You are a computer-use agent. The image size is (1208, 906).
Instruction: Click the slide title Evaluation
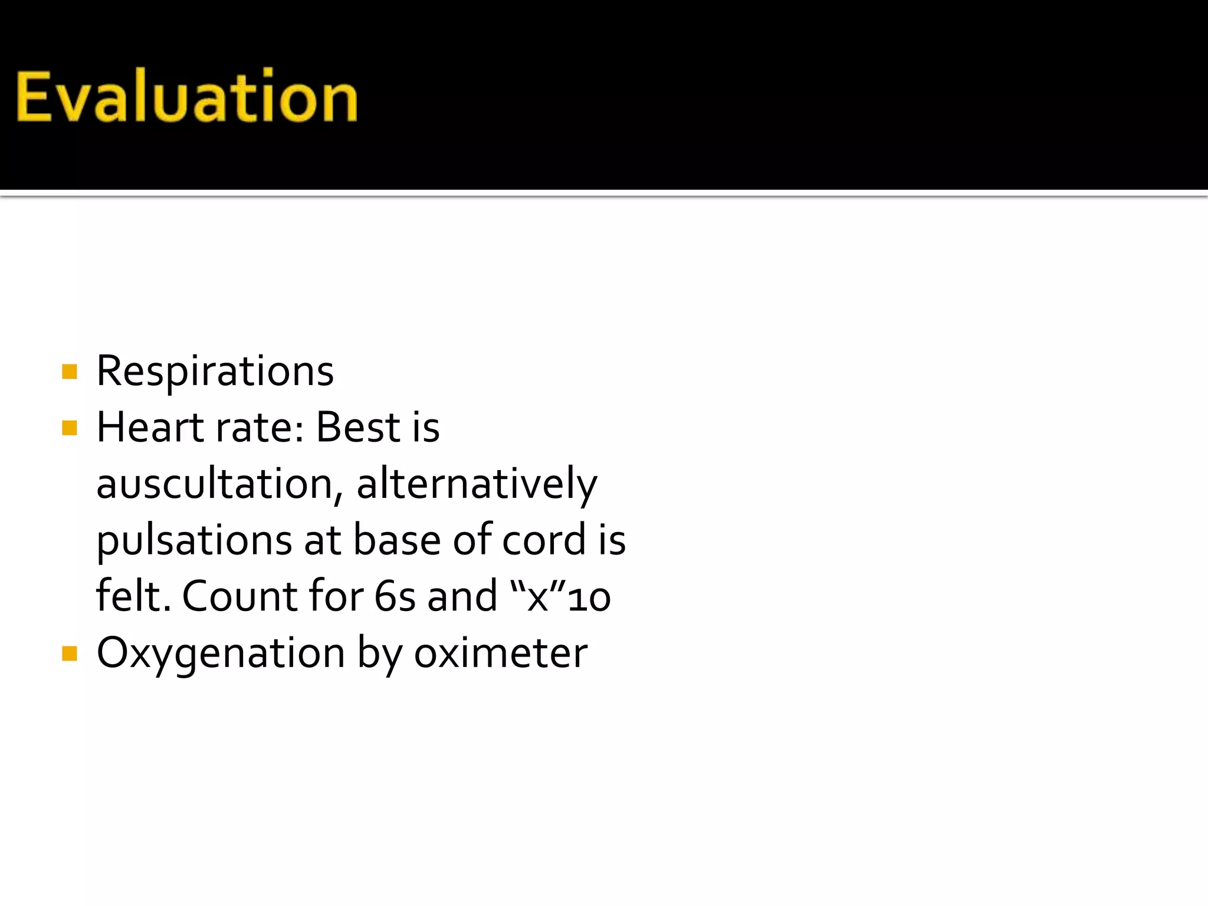(186, 96)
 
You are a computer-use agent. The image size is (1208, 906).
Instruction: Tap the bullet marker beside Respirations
(70, 372)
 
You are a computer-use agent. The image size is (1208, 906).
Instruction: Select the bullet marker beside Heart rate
(70, 428)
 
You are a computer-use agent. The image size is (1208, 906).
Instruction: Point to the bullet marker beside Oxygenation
(70, 654)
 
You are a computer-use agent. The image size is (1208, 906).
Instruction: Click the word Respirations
(215, 372)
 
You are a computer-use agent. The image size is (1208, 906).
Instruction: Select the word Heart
(150, 427)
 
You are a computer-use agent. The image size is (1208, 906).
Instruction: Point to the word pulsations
(194, 540)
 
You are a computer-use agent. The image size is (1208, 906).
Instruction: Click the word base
(396, 540)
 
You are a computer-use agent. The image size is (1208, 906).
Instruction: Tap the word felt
(133, 596)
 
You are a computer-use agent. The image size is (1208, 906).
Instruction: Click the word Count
(238, 596)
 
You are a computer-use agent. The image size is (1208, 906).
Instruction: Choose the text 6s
(395, 596)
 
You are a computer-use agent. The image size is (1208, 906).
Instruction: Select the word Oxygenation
(221, 654)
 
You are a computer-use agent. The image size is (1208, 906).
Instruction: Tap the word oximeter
(500, 654)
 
